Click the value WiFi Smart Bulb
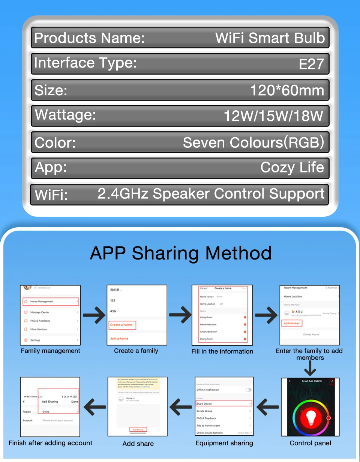click(x=270, y=38)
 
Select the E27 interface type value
click(x=311, y=64)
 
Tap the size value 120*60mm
click(x=287, y=90)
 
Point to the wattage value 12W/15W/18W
click(x=273, y=116)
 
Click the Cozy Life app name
click(x=292, y=167)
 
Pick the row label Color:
click(x=55, y=143)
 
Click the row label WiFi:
click(x=51, y=195)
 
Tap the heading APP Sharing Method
click(x=181, y=253)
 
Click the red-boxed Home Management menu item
click(x=50, y=301)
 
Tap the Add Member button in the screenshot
click(x=291, y=323)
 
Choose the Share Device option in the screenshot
click(x=223, y=404)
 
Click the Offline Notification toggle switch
click(x=248, y=390)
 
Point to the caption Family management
click(x=51, y=351)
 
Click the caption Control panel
click(x=310, y=443)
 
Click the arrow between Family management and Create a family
click(x=94, y=315)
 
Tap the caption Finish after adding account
click(x=51, y=443)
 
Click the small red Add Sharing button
click(x=138, y=430)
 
